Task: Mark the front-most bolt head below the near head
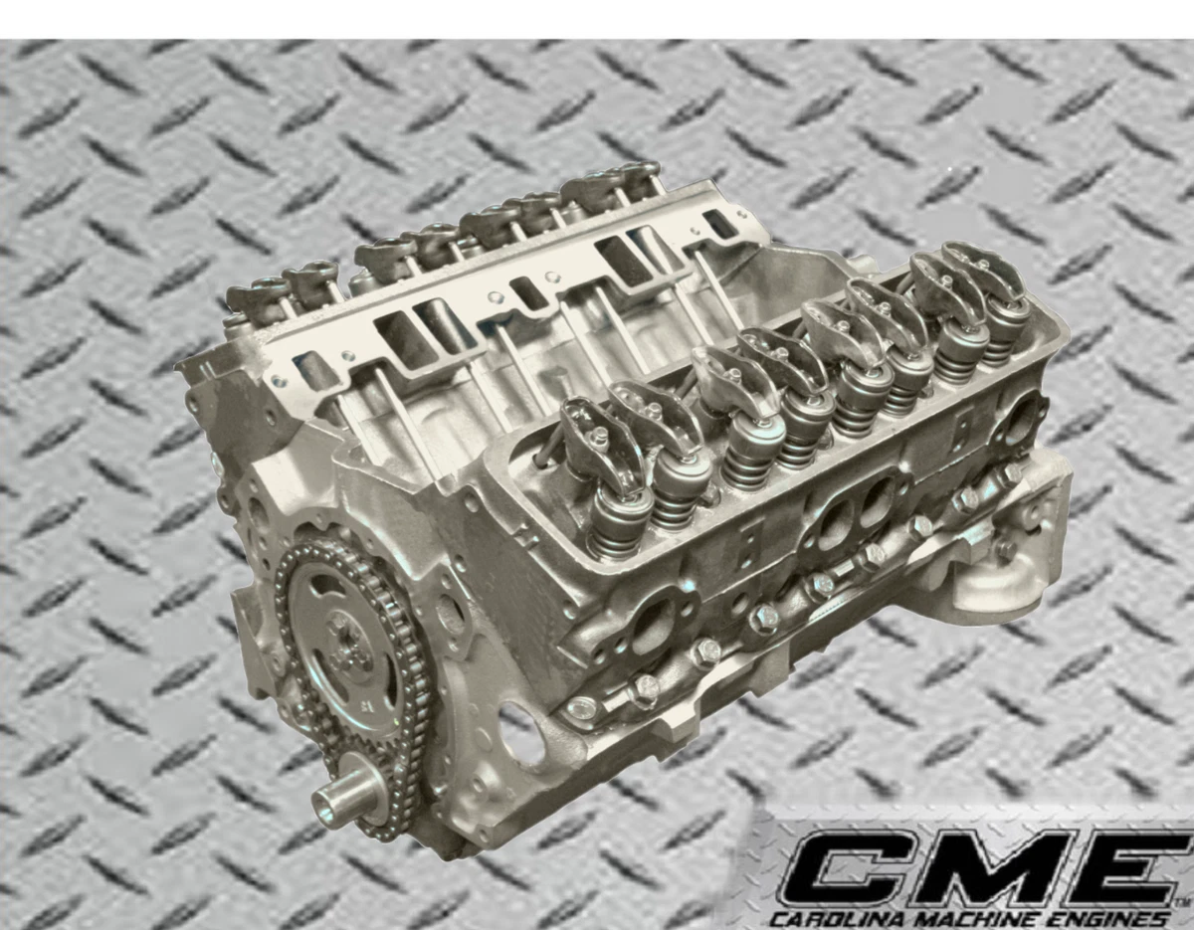coord(583,708)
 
